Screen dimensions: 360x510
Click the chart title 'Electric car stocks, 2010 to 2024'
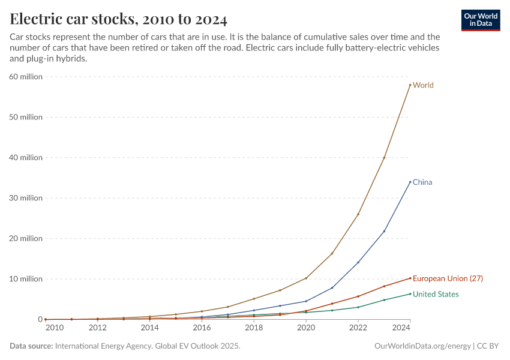coord(118,19)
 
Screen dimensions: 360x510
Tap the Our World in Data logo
coord(480,20)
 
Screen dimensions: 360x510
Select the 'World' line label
coord(423,85)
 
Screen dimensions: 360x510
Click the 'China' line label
coord(422,182)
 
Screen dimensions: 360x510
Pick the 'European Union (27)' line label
coord(448,278)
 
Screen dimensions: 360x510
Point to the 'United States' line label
coord(436,294)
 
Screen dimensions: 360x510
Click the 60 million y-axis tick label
coord(25,77)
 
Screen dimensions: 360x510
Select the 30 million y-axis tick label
coord(25,198)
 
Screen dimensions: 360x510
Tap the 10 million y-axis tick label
coord(25,279)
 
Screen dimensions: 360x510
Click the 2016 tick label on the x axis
coord(202,328)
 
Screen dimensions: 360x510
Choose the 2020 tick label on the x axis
coord(306,328)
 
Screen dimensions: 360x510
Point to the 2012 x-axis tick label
coord(97,328)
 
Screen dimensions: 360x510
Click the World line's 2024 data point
coord(410,85)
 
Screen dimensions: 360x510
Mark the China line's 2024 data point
coord(410,182)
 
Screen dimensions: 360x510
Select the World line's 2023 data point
coord(384,158)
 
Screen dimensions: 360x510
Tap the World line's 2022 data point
coord(358,214)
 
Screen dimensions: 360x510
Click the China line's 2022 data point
coord(358,262)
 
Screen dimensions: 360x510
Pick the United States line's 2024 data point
coord(410,294)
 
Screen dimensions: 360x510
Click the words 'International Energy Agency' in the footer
coord(106,346)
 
